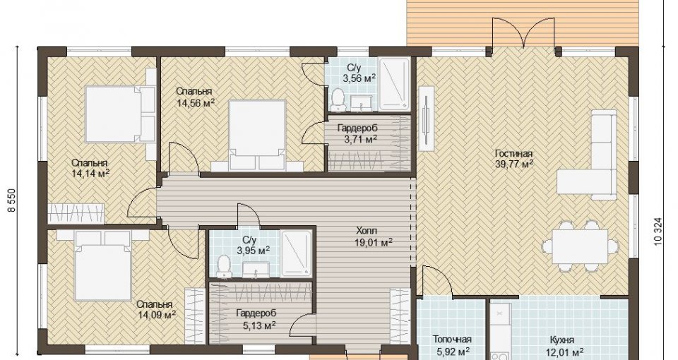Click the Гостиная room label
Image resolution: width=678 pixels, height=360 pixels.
513,153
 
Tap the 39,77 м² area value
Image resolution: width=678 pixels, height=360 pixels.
513,164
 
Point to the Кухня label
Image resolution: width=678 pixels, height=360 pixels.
562,340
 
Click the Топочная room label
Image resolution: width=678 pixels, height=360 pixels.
452,340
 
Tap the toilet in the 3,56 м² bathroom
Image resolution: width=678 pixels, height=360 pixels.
337,99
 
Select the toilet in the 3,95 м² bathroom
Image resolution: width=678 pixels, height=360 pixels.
224,266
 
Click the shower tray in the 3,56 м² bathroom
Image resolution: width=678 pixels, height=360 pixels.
394,84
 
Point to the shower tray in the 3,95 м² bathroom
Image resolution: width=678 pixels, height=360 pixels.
296,253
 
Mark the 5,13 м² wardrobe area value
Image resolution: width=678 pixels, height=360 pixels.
256,325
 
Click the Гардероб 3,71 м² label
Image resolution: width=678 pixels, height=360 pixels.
357,133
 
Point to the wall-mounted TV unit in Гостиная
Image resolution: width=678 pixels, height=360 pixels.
427,118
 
